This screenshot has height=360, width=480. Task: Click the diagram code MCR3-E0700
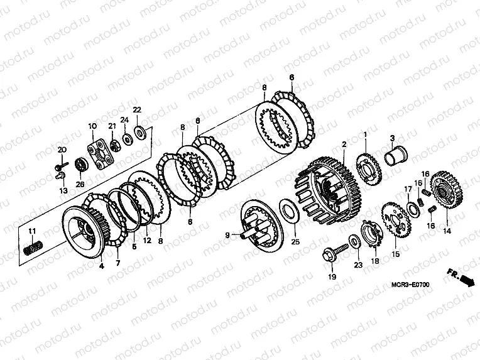(x=410, y=285)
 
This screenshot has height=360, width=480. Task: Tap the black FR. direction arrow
(x=467, y=280)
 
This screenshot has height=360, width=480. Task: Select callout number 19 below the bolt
(x=332, y=277)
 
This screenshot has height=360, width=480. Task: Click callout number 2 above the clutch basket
(x=344, y=144)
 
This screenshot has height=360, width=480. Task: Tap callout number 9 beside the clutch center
(x=227, y=235)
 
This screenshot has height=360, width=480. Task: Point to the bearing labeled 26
(x=81, y=166)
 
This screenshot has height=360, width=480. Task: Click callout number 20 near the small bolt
(x=62, y=150)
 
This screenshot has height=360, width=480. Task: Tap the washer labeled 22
(x=141, y=133)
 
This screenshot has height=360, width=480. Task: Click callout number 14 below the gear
(x=447, y=231)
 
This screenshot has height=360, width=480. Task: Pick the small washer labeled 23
(x=354, y=241)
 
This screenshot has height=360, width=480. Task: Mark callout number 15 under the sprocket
(x=396, y=254)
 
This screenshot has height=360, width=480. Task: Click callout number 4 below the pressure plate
(x=101, y=266)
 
